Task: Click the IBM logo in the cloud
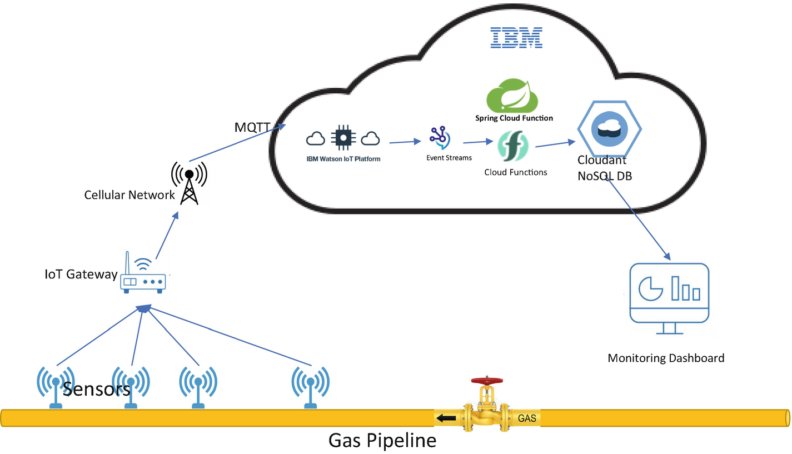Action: coord(516,37)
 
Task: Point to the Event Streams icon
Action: coord(440,138)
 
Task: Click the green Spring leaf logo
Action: coord(513,95)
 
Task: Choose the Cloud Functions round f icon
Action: coord(512,146)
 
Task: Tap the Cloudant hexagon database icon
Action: coord(609,128)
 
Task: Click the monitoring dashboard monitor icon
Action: coord(669,297)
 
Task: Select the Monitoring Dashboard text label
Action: coord(666,358)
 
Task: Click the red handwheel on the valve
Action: coord(487,381)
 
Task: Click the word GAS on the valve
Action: coord(526,418)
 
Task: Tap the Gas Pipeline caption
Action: coord(382,441)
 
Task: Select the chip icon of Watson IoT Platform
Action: coord(343,137)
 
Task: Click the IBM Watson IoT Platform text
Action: coord(343,158)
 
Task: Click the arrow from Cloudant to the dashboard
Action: coord(639,219)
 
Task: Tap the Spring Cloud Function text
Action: coord(514,118)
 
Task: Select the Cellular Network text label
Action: coord(129,195)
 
